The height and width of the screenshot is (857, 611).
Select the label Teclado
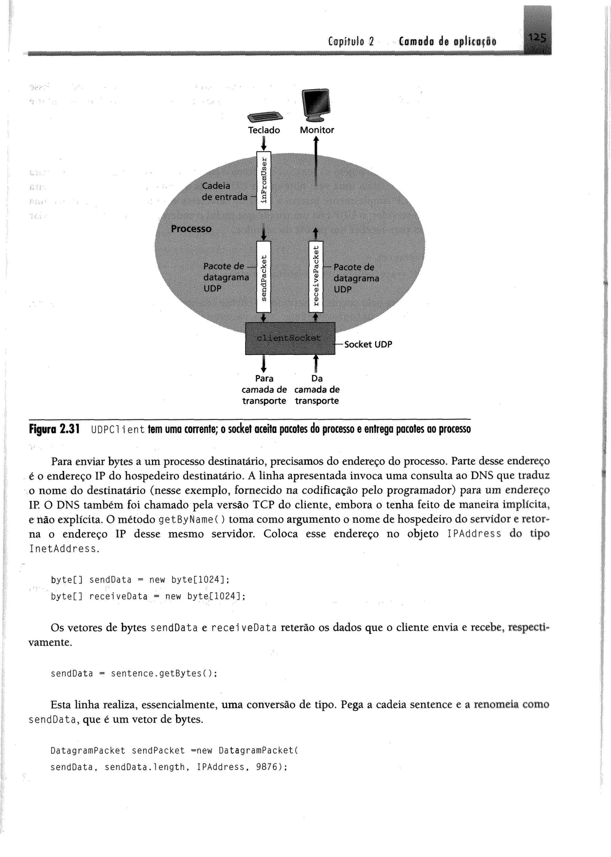264,130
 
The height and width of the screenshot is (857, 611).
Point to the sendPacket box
264,277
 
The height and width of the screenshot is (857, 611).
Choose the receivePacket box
316,277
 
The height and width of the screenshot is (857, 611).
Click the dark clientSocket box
290,338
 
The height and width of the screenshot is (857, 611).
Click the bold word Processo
191,229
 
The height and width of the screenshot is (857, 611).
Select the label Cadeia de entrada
224,191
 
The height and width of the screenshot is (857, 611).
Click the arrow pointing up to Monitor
316,162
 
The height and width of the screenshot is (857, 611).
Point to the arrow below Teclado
264,143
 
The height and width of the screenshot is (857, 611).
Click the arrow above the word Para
264,363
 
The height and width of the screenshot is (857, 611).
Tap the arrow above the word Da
316,363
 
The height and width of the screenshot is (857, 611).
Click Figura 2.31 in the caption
54,429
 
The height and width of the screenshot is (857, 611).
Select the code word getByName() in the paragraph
192,520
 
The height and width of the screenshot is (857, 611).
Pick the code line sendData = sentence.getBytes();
134,673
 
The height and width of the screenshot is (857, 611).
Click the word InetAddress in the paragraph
63,549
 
